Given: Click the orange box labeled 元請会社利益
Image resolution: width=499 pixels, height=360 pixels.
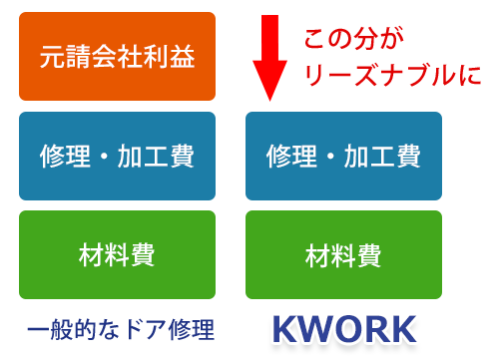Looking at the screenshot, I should pos(118,56).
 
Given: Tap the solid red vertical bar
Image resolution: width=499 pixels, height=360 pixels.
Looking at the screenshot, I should pos(269,58).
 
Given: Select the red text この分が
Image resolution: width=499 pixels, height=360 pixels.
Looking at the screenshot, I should pos(353,41).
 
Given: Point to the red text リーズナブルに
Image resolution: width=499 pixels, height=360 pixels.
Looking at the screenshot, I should pos(391,74).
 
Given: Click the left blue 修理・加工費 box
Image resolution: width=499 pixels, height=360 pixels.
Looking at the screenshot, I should pos(118,156).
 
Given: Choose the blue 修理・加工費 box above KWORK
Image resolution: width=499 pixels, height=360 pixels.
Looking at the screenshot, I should pos(343,156).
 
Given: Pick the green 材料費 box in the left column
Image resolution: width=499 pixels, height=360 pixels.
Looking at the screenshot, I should pos(118,255).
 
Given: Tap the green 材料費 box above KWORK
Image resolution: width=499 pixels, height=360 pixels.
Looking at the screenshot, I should pos(343,255).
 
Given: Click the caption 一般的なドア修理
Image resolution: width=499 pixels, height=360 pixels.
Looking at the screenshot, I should pos(121,329).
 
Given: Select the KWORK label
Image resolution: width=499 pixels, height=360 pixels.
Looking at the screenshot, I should pos(344,330).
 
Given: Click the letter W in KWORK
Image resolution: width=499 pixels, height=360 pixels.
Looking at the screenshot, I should pos(320,330).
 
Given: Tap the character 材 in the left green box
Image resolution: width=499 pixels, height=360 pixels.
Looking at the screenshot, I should pos(92,255).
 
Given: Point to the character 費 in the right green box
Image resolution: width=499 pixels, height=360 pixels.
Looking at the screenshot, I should pos(369,255).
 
